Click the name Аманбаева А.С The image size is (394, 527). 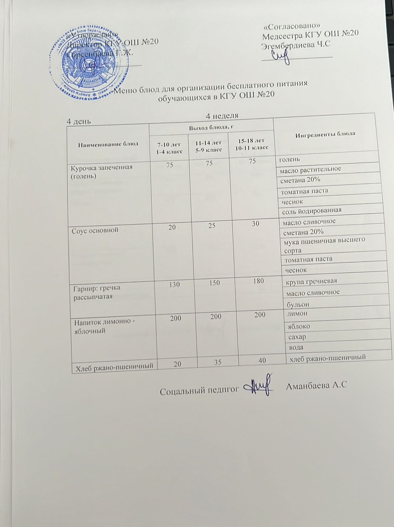click(316, 386)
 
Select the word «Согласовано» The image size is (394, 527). click(292, 26)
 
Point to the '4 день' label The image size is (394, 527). click(79, 121)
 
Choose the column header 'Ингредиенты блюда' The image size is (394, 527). click(325, 134)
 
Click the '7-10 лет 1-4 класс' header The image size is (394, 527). click(169, 147)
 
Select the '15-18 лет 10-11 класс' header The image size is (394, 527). click(252, 144)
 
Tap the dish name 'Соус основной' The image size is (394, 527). click(95, 230)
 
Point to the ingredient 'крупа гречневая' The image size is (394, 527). click(312, 281)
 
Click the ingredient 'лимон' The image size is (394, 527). click(297, 313)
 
